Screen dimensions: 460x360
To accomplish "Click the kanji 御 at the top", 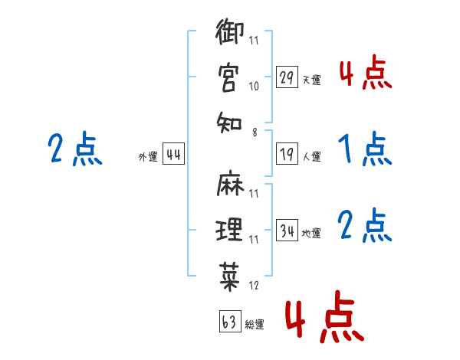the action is (x=230, y=31).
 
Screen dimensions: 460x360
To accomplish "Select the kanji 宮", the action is (x=228, y=78).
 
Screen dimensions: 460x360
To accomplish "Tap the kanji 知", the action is (x=229, y=123).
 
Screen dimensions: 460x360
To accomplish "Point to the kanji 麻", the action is (x=230, y=182).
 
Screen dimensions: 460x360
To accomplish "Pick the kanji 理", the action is (x=229, y=230).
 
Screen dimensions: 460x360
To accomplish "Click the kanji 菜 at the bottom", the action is (x=229, y=277).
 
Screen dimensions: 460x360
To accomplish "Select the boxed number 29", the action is (x=287, y=77).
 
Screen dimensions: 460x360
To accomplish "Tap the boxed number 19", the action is (x=287, y=154).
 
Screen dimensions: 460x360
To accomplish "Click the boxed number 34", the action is (x=287, y=230).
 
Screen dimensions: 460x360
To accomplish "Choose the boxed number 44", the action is (x=173, y=154).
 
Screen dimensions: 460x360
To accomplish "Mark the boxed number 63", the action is (x=230, y=321).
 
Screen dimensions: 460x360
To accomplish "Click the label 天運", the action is (x=312, y=80).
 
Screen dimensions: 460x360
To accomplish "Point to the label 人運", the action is (x=312, y=156).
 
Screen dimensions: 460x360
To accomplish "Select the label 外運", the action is (x=148, y=156).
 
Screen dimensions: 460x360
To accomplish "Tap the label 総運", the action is (x=255, y=324).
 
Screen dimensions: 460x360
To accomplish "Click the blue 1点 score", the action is (x=365, y=149).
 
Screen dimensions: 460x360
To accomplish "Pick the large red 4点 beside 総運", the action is (x=325, y=316).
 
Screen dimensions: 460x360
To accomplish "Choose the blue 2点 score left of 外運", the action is (x=75, y=149).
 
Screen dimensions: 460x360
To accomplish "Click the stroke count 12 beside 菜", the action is (x=254, y=286).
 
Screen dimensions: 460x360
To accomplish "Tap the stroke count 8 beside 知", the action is (x=255, y=133).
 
